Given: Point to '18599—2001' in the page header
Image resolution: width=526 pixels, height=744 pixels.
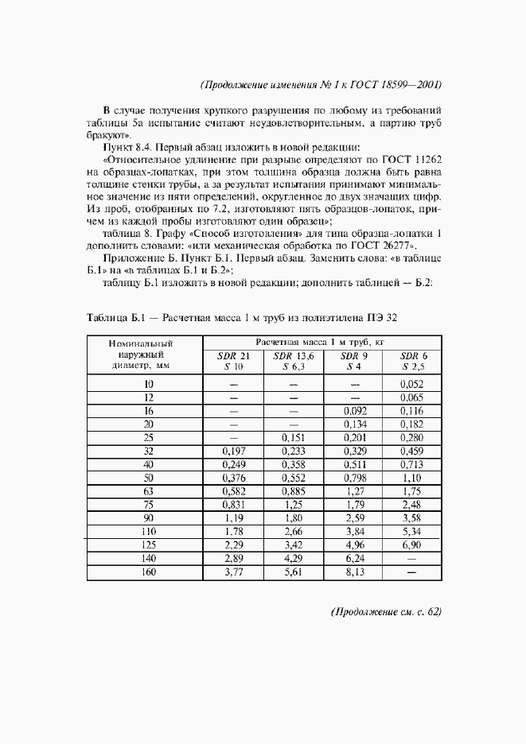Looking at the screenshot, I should pos(410,84).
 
